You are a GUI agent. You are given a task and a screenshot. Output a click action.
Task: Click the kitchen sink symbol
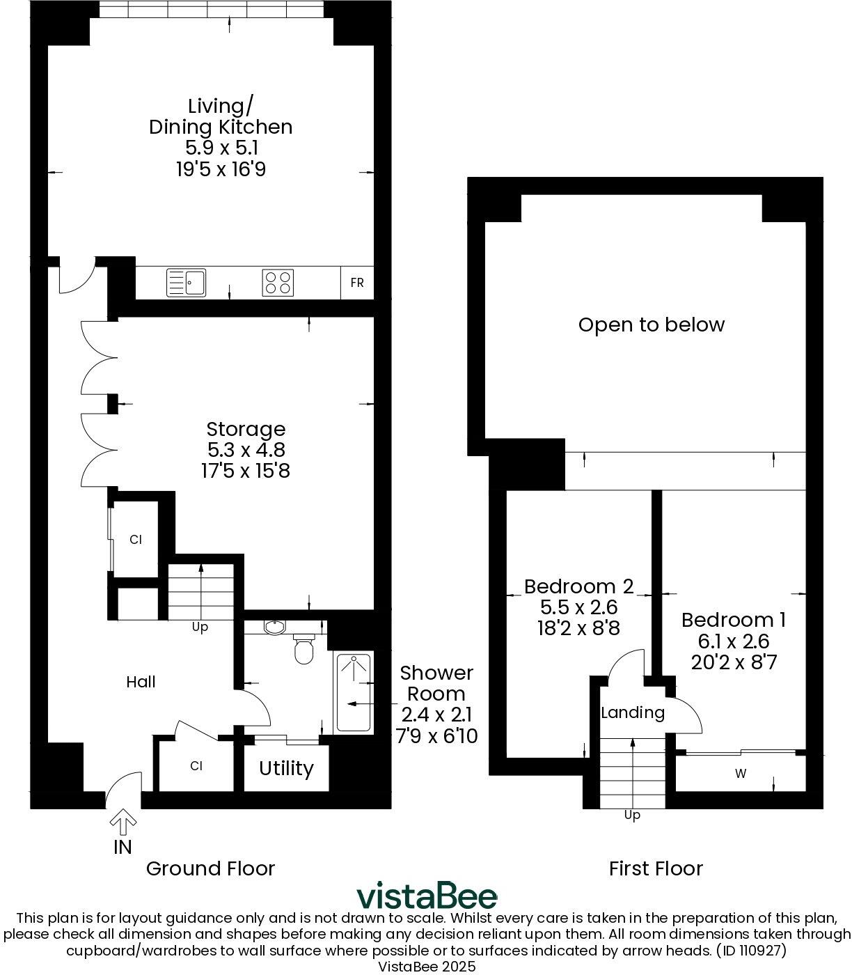(x=187, y=283)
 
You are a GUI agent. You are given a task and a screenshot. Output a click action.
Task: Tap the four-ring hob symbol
(x=277, y=283)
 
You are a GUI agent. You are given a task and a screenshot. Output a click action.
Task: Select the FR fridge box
(x=357, y=283)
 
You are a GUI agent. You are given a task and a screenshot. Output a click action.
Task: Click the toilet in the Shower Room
(x=304, y=648)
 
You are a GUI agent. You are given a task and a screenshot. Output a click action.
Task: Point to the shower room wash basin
(x=276, y=627)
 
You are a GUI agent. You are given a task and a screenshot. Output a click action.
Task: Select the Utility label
(x=286, y=768)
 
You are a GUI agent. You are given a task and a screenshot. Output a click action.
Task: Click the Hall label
(x=141, y=682)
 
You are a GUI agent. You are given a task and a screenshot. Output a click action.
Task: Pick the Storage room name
(x=246, y=429)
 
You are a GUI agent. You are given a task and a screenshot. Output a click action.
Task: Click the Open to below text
(x=652, y=325)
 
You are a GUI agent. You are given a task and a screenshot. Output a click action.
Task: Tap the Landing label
(x=632, y=712)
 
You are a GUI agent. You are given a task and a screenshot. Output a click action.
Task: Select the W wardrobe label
(x=741, y=774)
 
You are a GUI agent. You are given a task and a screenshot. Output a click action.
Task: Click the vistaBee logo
(x=427, y=896)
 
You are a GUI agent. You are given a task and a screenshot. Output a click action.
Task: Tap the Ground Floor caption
(x=210, y=868)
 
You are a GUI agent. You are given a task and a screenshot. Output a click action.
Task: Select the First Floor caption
(x=656, y=868)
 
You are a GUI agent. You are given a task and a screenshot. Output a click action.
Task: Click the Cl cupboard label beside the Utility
(x=196, y=766)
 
